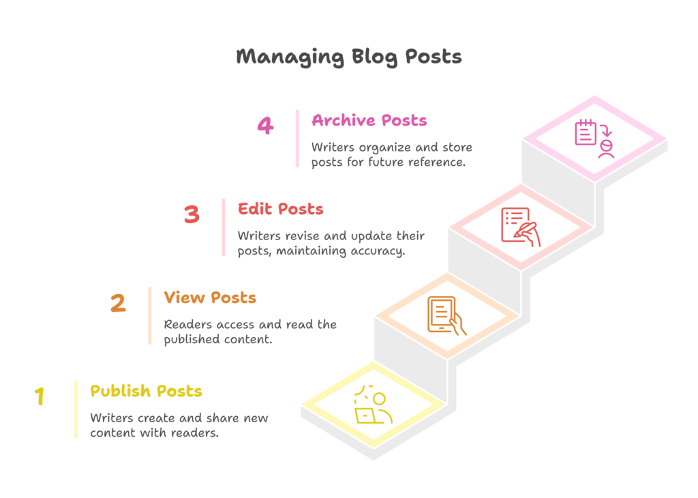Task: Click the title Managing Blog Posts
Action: point(349,57)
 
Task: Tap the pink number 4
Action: point(265,125)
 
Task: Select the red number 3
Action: point(192,214)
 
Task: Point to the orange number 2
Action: point(118,303)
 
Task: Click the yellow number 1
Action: point(40,396)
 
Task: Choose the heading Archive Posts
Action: point(369,120)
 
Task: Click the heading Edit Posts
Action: point(280,209)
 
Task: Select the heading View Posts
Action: point(210,297)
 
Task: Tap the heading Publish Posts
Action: point(146,391)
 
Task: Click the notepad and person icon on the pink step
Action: point(594,138)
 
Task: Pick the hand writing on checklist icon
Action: point(521,226)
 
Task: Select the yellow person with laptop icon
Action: point(374,405)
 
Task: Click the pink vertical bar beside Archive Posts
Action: point(297,138)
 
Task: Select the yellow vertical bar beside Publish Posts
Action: point(76,409)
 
